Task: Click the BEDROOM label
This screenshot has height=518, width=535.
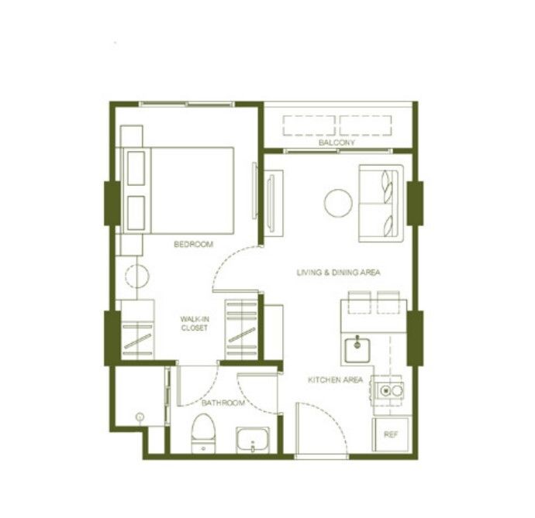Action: pos(194,244)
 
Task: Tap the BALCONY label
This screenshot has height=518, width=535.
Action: pos(337,142)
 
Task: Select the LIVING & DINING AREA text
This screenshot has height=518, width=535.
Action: pos(338,273)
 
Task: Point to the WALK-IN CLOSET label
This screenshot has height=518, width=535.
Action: pos(194,324)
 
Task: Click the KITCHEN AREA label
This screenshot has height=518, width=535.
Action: pos(335,379)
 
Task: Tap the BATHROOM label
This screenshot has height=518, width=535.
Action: pos(223,403)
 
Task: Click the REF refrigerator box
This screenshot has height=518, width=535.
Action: pos(390,434)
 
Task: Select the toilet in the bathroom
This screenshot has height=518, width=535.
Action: pos(203,434)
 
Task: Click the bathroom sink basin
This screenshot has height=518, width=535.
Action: pos(253,440)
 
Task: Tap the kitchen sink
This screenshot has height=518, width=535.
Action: pos(357,350)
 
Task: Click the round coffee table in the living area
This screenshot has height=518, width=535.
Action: pos(338,203)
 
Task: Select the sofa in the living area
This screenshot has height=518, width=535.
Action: pos(381,204)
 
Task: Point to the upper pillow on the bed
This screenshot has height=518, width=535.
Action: pos(136,168)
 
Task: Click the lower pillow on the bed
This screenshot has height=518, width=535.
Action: pos(136,213)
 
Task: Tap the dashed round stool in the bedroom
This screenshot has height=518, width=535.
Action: pos(137,276)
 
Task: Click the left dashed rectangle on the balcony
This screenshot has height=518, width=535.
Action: pos(309,125)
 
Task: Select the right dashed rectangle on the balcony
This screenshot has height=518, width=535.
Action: pos(365,125)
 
